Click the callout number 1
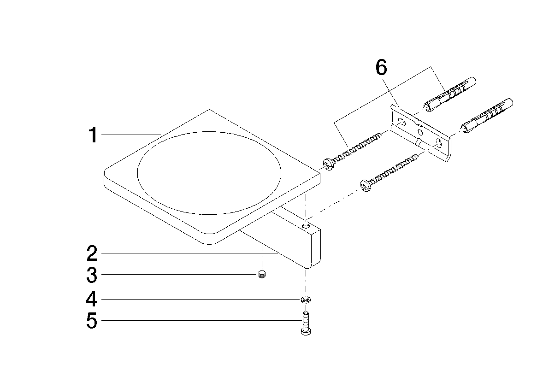click(x=93, y=135)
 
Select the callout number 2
click(x=92, y=253)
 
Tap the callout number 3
click(x=92, y=276)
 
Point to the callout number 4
click(x=91, y=300)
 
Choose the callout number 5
click(x=92, y=321)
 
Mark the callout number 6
click(x=381, y=67)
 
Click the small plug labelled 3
click(x=262, y=274)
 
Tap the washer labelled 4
click(x=306, y=300)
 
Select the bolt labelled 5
click(x=306, y=323)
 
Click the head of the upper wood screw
click(x=328, y=165)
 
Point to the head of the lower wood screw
click(x=365, y=185)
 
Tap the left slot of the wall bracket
click(x=401, y=122)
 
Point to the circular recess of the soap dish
click(x=209, y=173)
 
